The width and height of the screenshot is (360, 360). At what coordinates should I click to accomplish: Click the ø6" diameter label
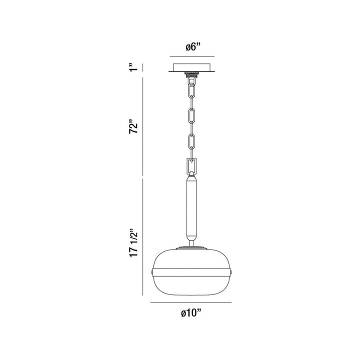(x=192, y=47)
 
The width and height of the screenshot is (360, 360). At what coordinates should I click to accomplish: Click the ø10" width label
(x=192, y=313)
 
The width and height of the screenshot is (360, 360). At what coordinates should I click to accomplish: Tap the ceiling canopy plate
(x=193, y=68)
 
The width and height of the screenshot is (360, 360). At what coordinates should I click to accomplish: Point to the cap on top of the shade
(x=193, y=247)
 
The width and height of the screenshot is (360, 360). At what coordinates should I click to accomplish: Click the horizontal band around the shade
(x=193, y=271)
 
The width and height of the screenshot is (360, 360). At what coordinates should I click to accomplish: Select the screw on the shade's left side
(x=153, y=271)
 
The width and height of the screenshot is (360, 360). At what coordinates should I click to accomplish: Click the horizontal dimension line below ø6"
(x=192, y=56)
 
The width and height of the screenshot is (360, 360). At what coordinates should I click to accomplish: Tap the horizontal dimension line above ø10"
(x=193, y=303)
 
